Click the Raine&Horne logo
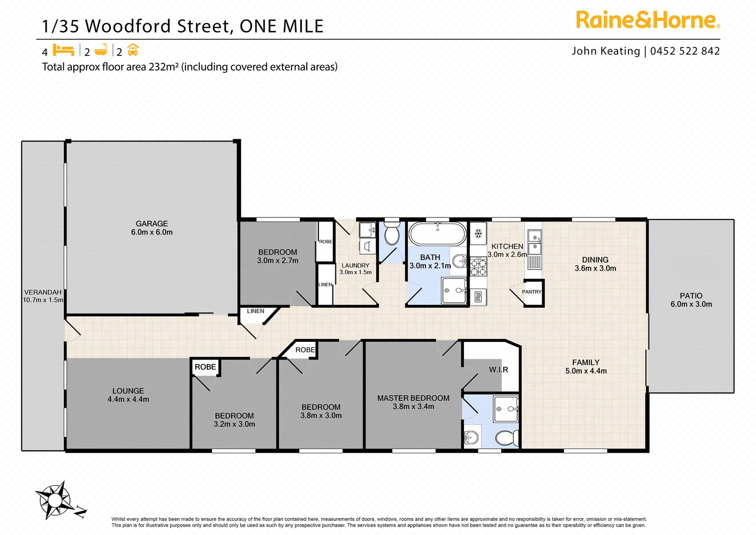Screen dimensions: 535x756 (x=648, y=20)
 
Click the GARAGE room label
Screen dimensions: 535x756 (x=152, y=224)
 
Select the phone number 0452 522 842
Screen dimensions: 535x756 (x=685, y=51)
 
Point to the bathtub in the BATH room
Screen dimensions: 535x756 (x=437, y=234)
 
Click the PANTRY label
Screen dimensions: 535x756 (x=532, y=292)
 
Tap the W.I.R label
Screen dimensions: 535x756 (x=498, y=370)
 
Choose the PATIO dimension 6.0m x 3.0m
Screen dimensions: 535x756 (x=691, y=304)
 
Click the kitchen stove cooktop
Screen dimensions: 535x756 (x=478, y=267)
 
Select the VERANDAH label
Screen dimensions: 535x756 (x=43, y=292)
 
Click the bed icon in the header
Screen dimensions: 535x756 (x=63, y=51)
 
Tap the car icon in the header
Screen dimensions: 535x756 (x=133, y=51)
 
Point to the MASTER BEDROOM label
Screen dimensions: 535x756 (x=413, y=398)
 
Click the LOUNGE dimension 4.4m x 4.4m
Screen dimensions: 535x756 (x=128, y=399)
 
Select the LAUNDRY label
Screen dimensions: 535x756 (x=355, y=266)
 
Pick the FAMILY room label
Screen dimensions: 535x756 (x=586, y=363)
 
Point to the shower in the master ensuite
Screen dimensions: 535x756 (x=506, y=409)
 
